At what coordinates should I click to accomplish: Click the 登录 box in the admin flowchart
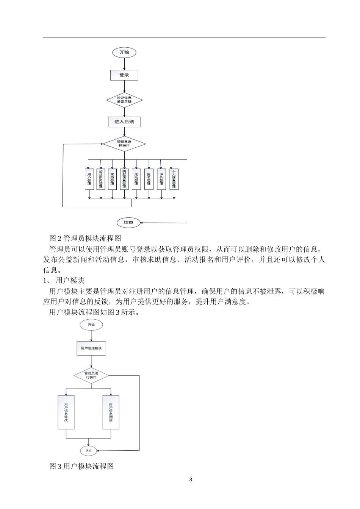point(124,75)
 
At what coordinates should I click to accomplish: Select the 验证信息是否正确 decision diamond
point(124,100)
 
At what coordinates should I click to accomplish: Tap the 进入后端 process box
point(124,122)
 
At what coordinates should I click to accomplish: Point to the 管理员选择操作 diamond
point(124,144)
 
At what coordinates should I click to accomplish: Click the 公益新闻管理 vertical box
point(100,179)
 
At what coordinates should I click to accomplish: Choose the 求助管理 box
point(112,179)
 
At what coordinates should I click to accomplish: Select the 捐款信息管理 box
point(124,179)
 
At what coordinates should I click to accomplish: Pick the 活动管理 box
point(136,179)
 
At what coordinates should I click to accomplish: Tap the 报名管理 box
point(149,179)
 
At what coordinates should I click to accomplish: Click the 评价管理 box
point(161,179)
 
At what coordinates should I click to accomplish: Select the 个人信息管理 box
point(174,179)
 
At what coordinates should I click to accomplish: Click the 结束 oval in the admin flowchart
point(128,223)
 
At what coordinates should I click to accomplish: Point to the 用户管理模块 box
point(91,348)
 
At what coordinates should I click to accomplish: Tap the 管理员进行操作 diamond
point(91,375)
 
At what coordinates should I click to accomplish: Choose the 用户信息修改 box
point(66,412)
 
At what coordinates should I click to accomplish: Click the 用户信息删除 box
point(111,412)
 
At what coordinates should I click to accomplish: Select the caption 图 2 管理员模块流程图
point(85,238)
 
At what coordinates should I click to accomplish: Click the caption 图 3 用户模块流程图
point(81,466)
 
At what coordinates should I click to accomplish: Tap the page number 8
point(191,480)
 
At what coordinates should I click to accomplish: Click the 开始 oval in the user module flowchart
point(91,325)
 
